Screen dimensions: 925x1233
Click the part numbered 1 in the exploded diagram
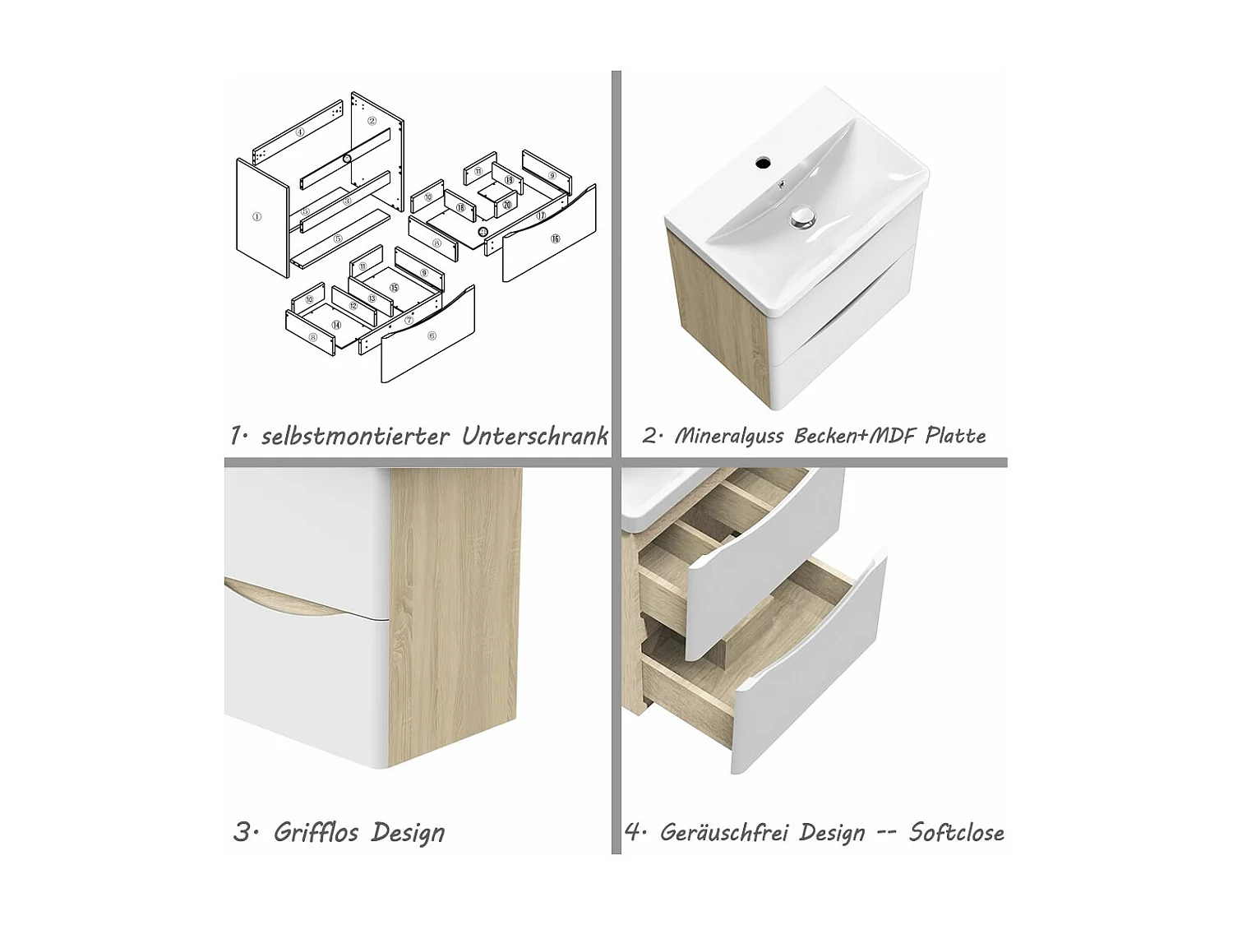pos(257,217)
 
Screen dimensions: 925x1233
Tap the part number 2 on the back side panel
pos(372,121)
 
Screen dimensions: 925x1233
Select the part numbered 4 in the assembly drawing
pos(300,132)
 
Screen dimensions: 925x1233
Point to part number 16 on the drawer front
pos(555,238)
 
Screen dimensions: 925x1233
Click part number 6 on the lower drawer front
pos(432,335)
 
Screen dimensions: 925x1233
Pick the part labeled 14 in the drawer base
pos(336,326)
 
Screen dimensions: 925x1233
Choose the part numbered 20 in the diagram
pos(507,205)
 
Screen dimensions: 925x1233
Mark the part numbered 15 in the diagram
pos(395,288)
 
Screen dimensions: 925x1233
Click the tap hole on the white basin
pos(764,163)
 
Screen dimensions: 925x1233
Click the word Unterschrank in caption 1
pos(534,436)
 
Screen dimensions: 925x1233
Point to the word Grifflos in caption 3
pos(316,832)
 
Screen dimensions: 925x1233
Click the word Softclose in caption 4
pos(956,832)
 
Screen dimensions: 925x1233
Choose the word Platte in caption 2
pos(955,436)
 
